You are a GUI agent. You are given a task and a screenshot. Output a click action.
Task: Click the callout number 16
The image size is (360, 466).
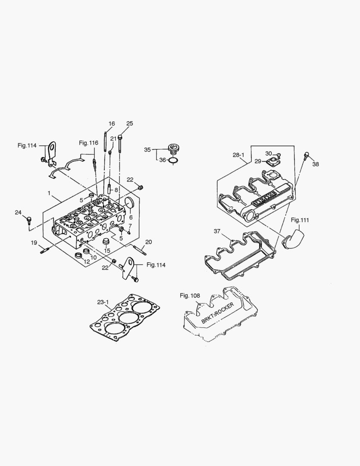112,124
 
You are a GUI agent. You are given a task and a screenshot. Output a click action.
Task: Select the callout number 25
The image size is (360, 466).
130,123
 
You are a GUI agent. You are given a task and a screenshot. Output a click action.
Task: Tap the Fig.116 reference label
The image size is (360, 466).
88,143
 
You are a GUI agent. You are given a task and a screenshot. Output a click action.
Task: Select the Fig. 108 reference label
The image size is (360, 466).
190,295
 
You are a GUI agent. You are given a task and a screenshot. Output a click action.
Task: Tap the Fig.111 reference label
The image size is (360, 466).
300,220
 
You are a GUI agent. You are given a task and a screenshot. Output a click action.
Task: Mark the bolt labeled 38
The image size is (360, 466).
307,155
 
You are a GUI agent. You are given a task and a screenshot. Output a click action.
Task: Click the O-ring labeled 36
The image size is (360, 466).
172,161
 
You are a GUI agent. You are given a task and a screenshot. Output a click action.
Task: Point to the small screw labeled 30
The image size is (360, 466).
279,154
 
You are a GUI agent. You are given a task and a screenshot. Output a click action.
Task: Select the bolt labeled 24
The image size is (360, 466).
29,220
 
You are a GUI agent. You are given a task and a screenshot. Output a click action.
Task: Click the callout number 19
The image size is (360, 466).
34,243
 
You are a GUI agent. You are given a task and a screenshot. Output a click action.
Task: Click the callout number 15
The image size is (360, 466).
107,251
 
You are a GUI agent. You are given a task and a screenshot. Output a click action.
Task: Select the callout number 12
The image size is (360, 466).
87,262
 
